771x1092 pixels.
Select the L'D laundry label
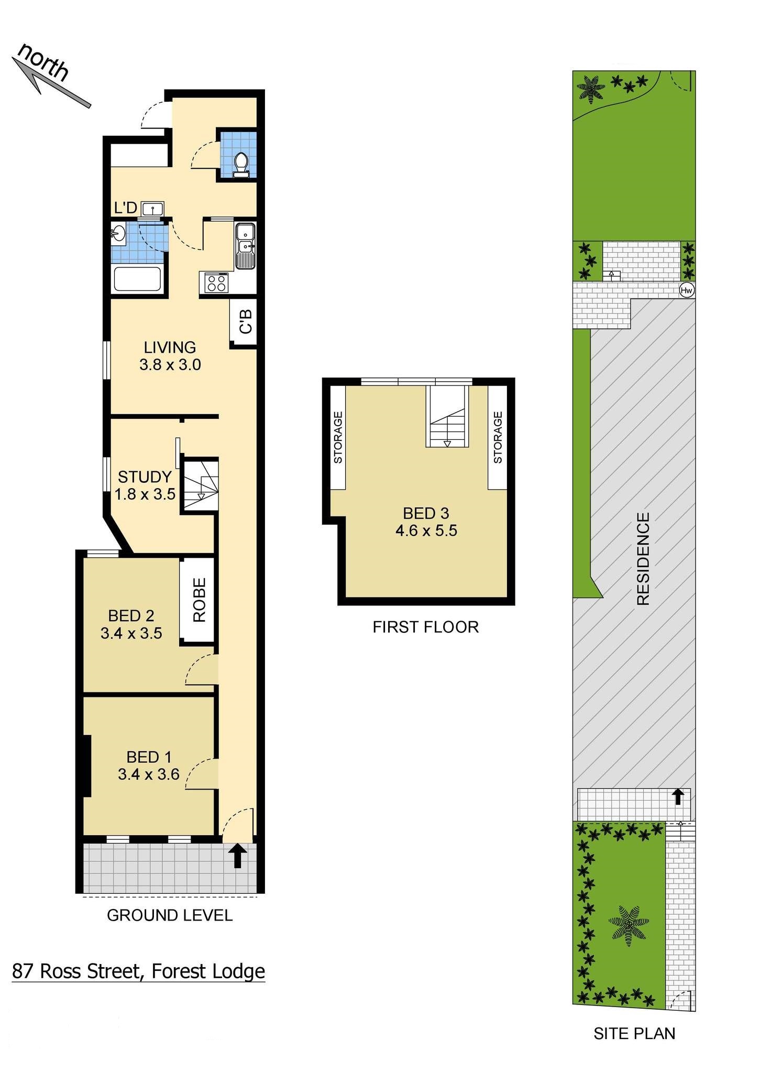point(125,208)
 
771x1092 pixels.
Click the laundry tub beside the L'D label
point(152,209)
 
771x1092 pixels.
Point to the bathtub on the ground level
point(138,279)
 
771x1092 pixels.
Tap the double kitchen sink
point(245,246)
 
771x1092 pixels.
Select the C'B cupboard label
point(246,322)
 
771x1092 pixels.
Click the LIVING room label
point(170,348)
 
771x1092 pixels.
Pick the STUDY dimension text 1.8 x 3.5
point(145,494)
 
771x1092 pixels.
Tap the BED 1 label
point(149,757)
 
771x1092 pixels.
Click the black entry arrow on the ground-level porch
point(238,855)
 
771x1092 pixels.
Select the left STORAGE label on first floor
point(338,438)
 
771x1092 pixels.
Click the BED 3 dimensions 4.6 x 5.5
point(426,531)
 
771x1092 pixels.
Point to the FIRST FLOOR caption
point(425,627)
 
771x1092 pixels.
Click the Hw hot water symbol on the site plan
point(687,290)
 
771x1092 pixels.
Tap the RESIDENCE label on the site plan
point(643,559)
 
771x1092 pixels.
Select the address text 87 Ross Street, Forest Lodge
point(138,971)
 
